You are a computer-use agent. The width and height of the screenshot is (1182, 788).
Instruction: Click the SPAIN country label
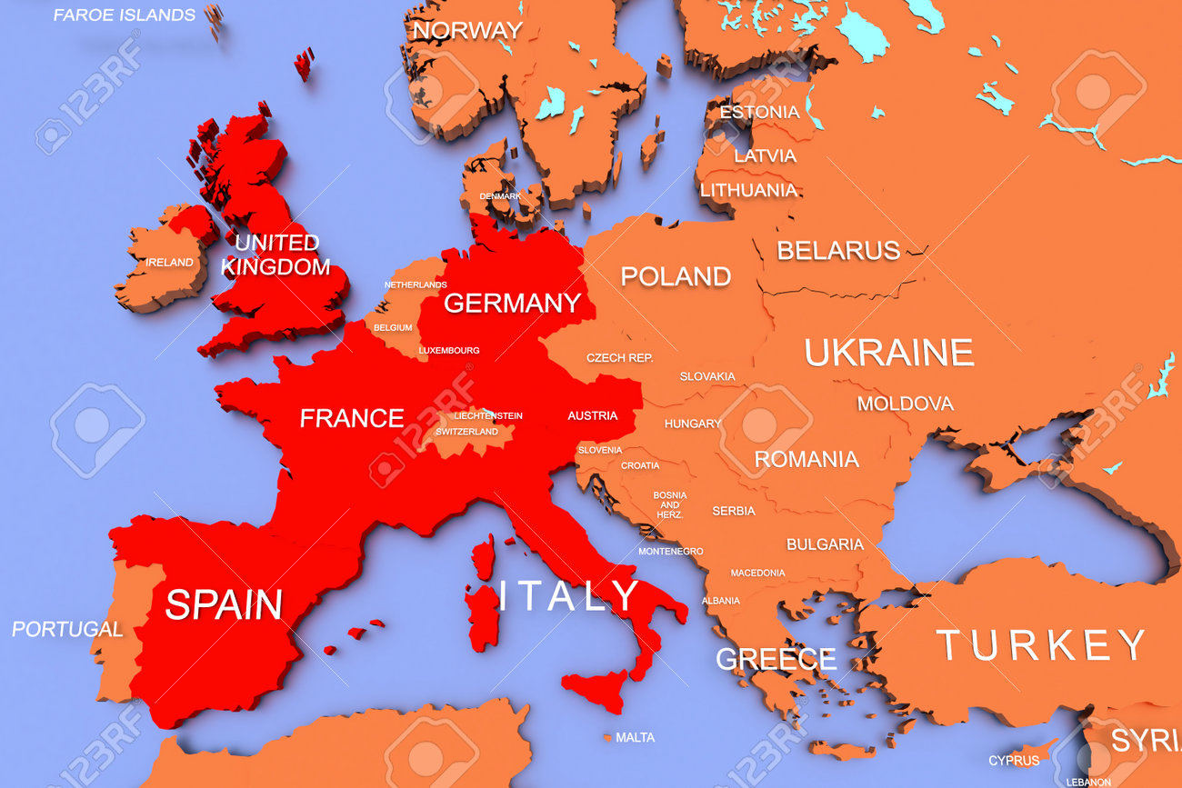tap(224, 604)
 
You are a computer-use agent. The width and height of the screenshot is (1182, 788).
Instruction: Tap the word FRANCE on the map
tap(352, 418)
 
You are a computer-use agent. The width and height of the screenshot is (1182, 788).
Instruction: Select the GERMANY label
tap(512, 303)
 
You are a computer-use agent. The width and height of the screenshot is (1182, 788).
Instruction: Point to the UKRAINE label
tap(888, 353)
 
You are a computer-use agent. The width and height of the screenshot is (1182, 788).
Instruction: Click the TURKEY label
tap(1041, 645)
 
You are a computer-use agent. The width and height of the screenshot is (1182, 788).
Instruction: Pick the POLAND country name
tap(676, 276)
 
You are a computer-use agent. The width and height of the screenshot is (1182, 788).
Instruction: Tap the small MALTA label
tap(635, 738)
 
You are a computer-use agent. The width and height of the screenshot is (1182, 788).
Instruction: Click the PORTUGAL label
tap(67, 629)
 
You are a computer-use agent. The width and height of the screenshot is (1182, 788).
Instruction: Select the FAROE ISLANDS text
tap(124, 15)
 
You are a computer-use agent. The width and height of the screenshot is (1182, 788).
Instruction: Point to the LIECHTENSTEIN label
tap(488, 415)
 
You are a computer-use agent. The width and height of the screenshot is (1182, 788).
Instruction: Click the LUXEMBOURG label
tap(449, 350)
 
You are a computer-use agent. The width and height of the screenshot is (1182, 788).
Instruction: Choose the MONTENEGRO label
tap(670, 552)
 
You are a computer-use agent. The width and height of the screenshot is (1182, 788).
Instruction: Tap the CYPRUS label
tap(1014, 760)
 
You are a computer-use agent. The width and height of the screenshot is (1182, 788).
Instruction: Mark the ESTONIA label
tap(759, 112)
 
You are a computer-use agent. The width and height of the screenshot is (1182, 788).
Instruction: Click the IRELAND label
tap(170, 263)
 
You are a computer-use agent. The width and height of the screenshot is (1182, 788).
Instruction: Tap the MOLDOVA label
tap(905, 404)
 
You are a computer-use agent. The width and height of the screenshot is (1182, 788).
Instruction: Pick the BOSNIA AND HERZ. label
tap(670, 504)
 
